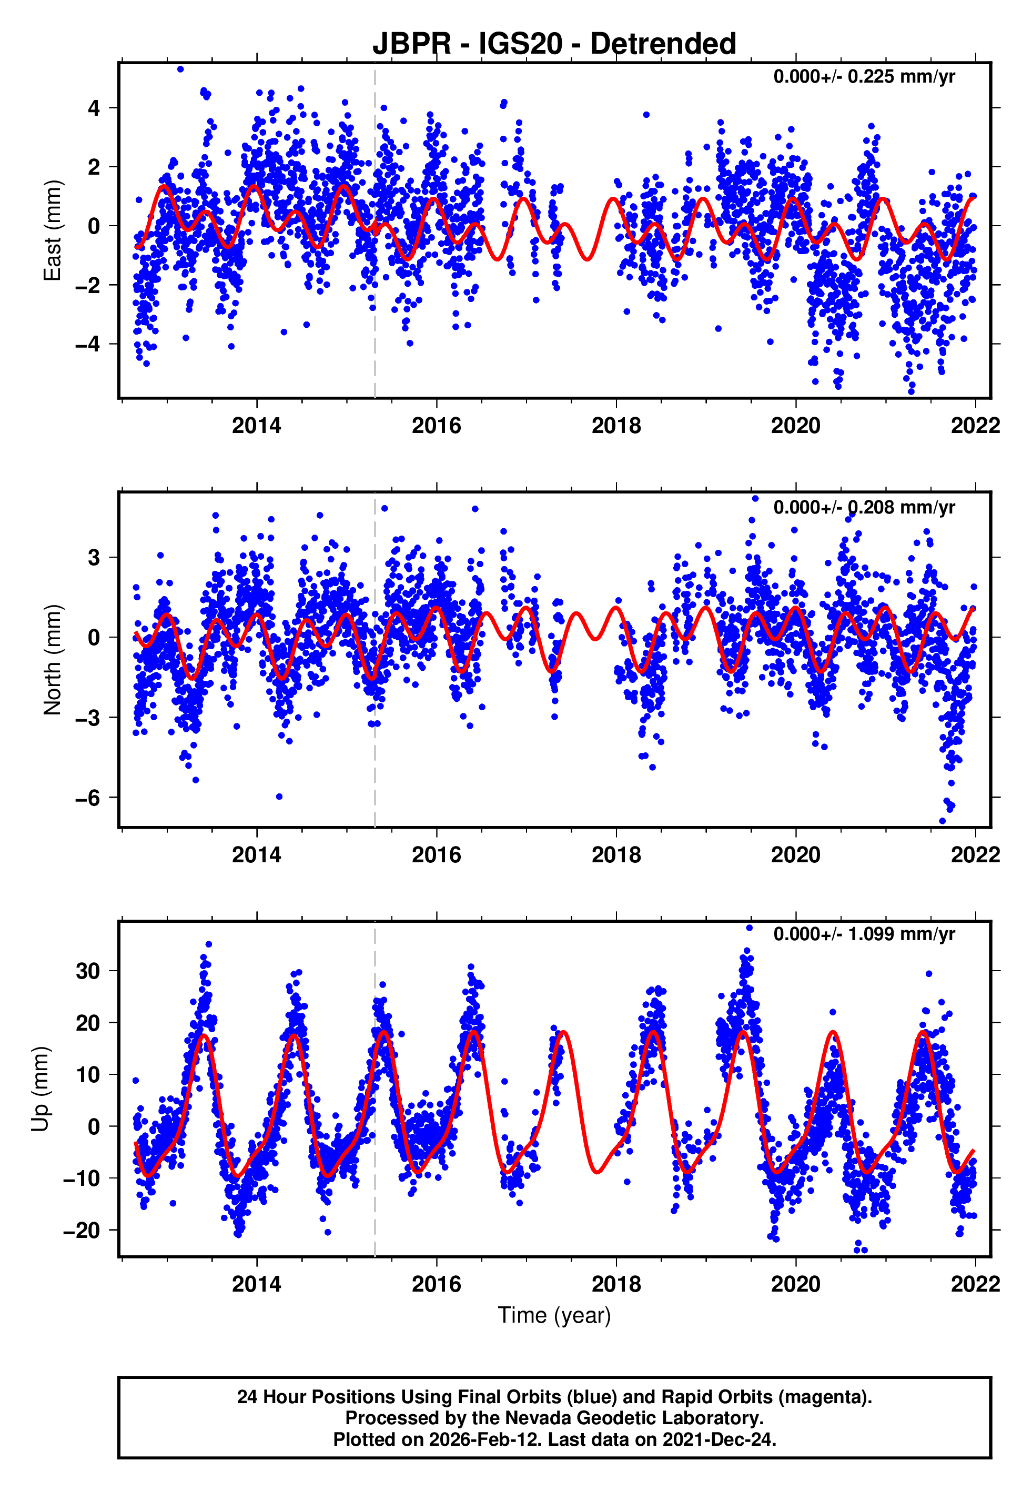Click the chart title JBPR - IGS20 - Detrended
point(554,44)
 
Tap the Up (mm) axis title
point(40,1089)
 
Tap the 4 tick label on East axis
point(94,108)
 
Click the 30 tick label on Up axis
point(88,971)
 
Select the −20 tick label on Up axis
point(82,1230)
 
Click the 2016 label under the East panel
point(437,426)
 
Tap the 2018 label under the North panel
point(616,855)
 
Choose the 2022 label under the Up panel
point(975,1284)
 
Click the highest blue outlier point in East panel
point(180,69)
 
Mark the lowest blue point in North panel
point(943,821)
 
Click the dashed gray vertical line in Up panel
point(375,1099)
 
